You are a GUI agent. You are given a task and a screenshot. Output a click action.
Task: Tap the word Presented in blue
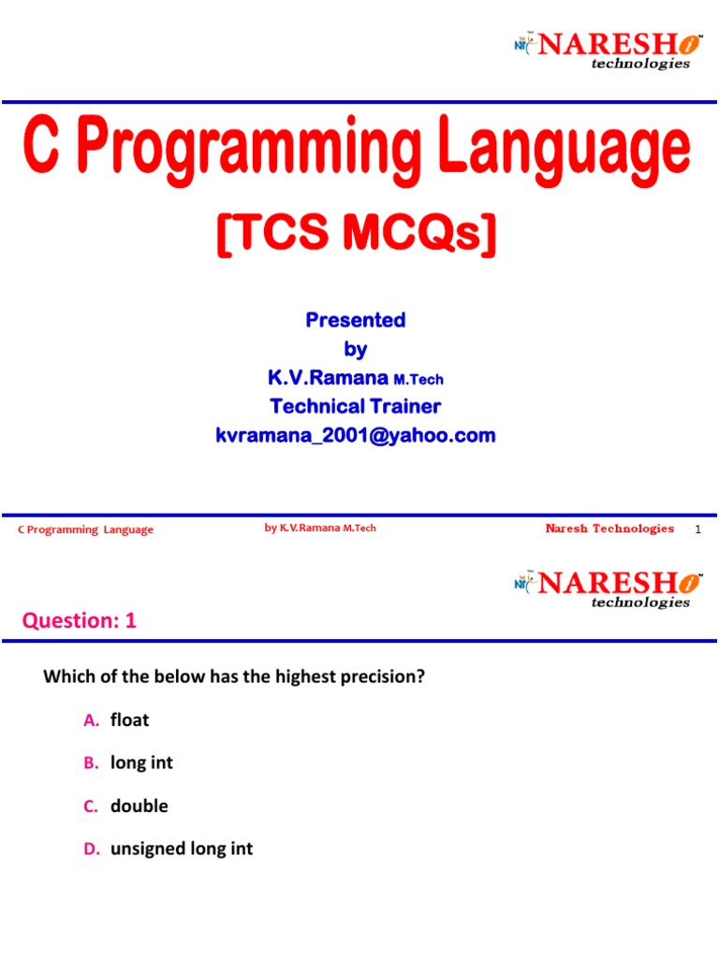click(356, 320)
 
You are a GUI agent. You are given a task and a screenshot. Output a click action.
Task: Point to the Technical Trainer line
click(356, 406)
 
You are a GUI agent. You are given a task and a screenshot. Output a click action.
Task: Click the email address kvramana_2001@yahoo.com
click(356, 435)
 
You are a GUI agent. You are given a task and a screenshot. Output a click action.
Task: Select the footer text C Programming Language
click(86, 530)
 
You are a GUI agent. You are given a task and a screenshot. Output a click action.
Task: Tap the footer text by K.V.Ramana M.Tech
click(320, 529)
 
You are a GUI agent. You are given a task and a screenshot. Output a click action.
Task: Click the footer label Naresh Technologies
click(609, 529)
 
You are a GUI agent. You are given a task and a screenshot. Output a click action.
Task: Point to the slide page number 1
click(697, 530)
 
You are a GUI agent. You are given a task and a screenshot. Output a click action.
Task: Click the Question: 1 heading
click(79, 620)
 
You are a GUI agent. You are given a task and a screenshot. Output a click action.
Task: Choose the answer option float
click(129, 720)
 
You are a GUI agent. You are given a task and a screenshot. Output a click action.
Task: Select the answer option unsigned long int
click(182, 849)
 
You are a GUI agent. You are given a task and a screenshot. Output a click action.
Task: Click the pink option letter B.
click(90, 763)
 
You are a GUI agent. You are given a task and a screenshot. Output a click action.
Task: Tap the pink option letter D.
click(91, 849)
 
